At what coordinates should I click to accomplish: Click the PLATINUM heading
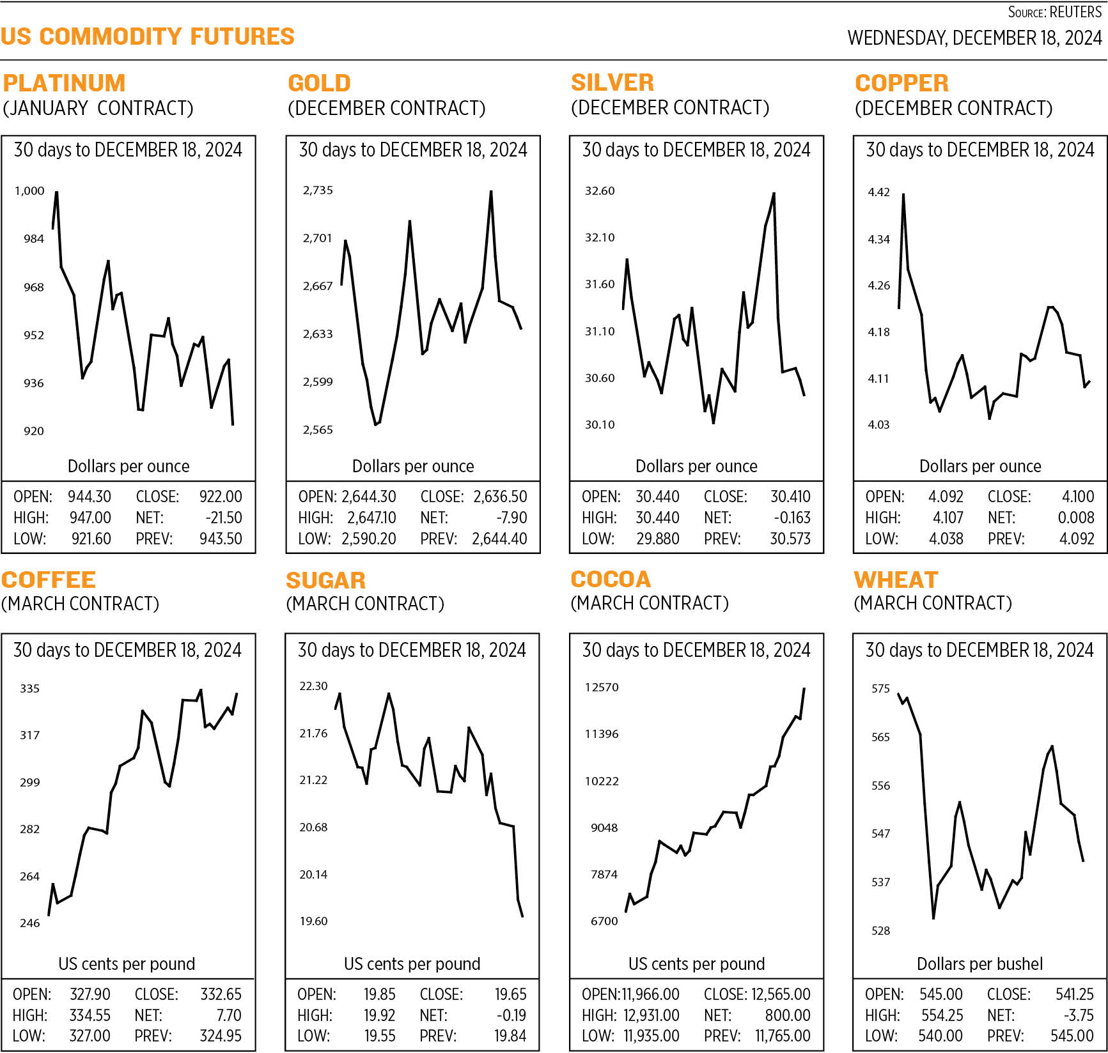[64, 83]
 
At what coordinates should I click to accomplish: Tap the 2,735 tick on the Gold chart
[318, 190]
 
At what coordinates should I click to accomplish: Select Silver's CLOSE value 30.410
[790, 496]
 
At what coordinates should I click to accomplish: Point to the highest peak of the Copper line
[903, 194]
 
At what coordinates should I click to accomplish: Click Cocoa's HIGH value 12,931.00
[652, 1015]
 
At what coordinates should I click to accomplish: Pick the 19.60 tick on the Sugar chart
[313, 921]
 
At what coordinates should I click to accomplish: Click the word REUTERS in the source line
[1076, 12]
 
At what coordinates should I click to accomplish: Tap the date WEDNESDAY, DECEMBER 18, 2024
[974, 38]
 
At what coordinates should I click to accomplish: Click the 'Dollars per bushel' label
[979, 964]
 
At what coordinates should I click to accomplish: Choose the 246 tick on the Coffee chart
[29, 923]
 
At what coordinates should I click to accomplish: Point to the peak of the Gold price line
[490, 192]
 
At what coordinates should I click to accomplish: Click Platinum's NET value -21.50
[224, 518]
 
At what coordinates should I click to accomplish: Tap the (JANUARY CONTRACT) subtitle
[98, 108]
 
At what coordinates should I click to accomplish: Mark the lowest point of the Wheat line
[933, 918]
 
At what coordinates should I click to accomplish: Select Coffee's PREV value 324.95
[221, 1036]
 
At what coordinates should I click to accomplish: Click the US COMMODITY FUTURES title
[148, 36]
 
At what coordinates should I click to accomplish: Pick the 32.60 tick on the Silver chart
[600, 190]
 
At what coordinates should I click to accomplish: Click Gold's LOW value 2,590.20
[369, 539]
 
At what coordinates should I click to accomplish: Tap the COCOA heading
[611, 579]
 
